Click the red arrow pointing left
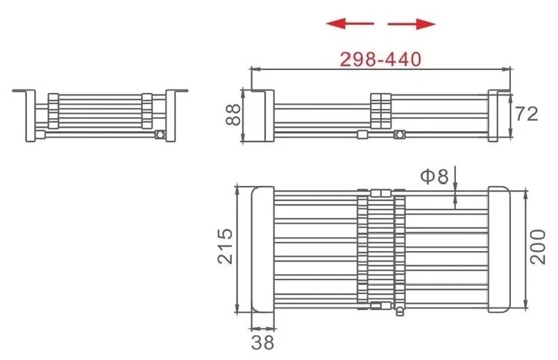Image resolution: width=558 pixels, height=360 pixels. (x=350, y=24)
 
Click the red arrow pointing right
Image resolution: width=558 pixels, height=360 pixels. (x=412, y=24)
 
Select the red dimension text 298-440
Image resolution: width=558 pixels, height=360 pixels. (x=380, y=60)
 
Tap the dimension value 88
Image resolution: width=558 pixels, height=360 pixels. (x=233, y=114)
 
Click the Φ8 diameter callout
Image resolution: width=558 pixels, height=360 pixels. (x=434, y=176)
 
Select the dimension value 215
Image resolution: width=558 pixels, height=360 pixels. (x=225, y=246)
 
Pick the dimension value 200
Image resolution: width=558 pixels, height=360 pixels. (x=537, y=247)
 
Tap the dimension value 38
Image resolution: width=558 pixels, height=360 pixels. (x=262, y=343)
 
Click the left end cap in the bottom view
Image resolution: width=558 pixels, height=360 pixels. (x=263, y=250)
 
